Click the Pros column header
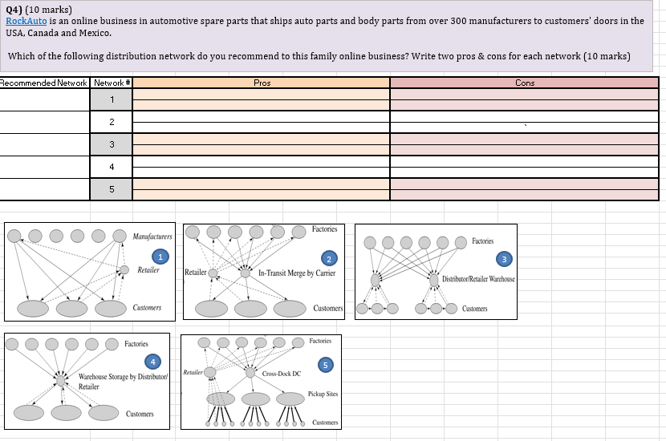tap(261, 83)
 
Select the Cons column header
tap(525, 83)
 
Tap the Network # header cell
tap(112, 83)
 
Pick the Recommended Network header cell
tap(45, 83)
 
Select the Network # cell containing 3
tap(112, 144)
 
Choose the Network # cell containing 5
tap(112, 189)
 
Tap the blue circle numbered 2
tap(327, 258)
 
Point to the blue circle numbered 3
tap(503, 259)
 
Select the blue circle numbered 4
tap(151, 362)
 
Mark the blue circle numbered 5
tap(325, 366)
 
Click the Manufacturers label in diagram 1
tap(152, 237)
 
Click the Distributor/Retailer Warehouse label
tap(478, 279)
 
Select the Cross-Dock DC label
tap(281, 374)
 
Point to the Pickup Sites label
tap(323, 394)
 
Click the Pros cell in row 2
tap(261, 122)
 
